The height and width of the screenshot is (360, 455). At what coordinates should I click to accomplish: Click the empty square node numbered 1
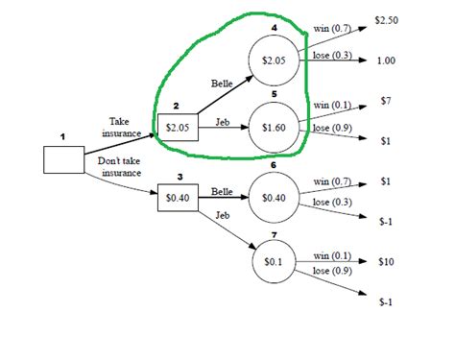(63, 158)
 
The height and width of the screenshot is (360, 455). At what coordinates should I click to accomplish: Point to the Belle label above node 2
(221, 84)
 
